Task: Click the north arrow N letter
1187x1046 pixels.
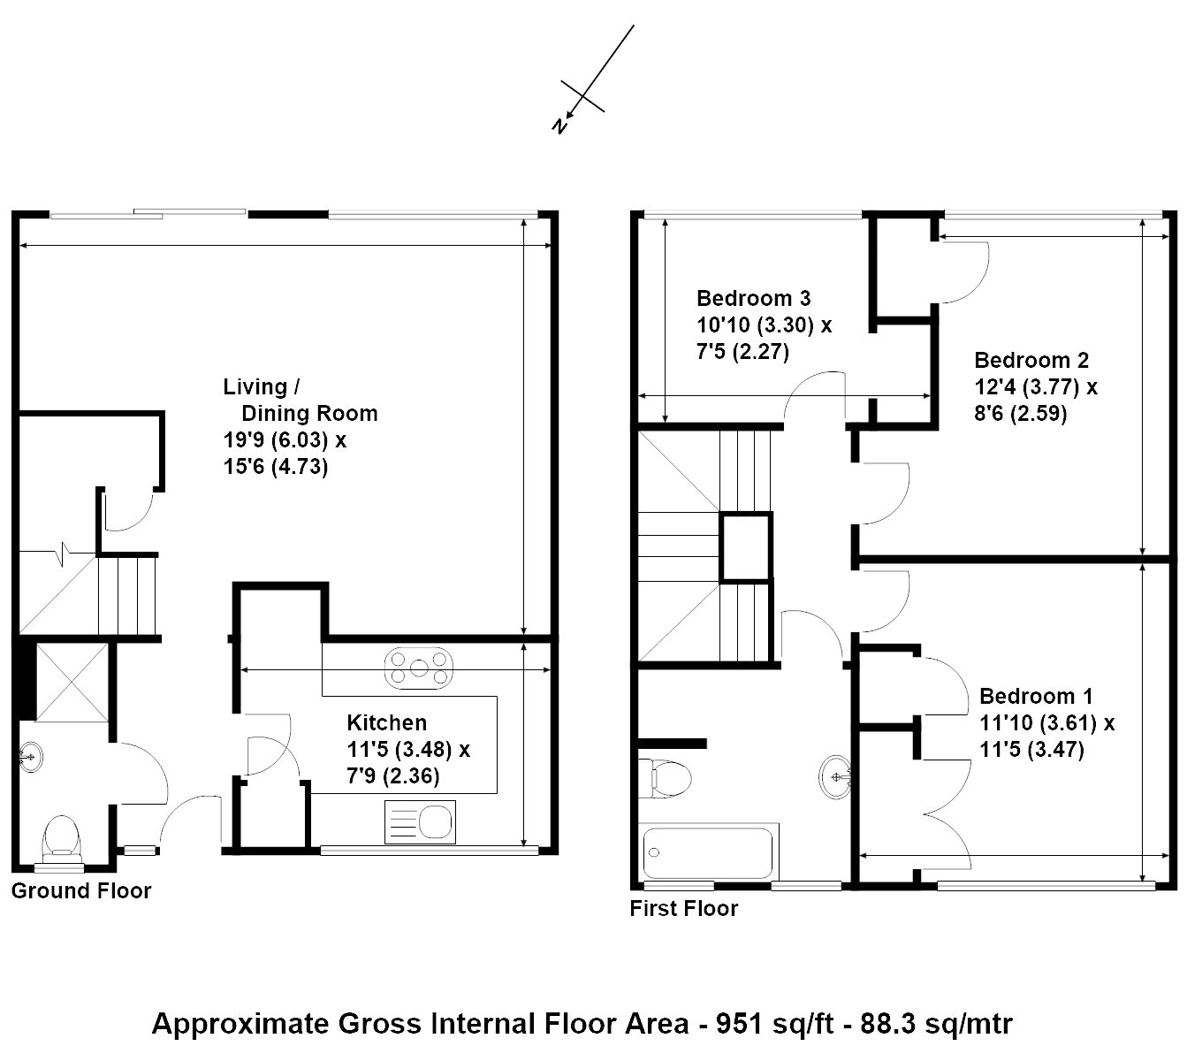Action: [560, 125]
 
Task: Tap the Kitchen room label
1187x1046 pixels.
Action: [387, 722]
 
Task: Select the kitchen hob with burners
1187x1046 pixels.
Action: [418, 668]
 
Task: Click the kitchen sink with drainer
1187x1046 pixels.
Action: [420, 822]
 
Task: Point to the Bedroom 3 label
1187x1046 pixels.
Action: [753, 299]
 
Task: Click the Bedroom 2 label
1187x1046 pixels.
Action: [1031, 360]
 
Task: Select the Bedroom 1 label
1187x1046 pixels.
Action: [1036, 696]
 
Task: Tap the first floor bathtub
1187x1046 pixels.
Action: [708, 853]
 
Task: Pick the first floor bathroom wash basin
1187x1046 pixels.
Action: [835, 777]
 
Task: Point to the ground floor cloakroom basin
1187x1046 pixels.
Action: [30, 758]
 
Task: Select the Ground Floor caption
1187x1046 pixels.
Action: [80, 890]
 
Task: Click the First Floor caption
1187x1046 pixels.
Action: [684, 908]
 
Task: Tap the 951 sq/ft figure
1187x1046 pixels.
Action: [774, 1023]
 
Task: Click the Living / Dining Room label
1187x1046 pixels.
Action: [301, 400]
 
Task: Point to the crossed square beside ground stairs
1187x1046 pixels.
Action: [72, 682]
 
